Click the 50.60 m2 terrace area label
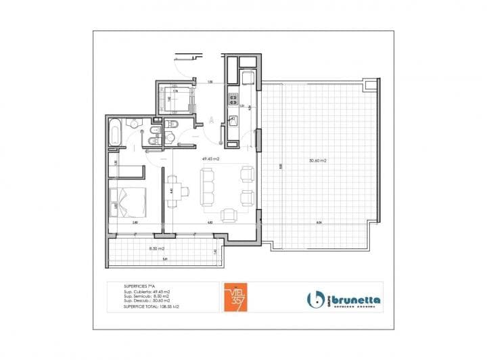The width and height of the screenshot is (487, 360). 317,160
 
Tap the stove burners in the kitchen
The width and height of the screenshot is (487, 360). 233,99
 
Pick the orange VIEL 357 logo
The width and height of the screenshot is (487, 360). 237,296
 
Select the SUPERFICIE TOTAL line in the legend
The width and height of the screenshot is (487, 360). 146,307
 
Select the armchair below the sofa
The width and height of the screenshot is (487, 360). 229,215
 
